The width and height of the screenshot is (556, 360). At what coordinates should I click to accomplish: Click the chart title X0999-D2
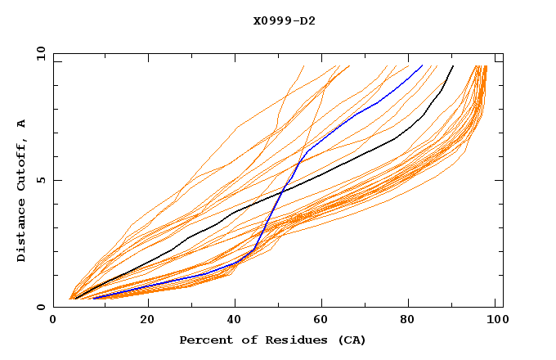[284, 20]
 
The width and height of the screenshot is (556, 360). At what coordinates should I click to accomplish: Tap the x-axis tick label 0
[53, 322]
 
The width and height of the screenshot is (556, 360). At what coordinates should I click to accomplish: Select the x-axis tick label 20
[147, 322]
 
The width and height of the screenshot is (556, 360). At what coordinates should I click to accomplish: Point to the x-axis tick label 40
[236, 322]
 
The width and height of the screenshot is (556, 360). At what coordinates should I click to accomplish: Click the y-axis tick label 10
[39, 53]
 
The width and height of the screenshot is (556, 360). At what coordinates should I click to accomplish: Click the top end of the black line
[453, 66]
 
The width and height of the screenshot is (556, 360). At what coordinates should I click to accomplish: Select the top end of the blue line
[422, 66]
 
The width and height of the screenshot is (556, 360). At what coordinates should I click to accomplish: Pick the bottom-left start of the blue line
[94, 299]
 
